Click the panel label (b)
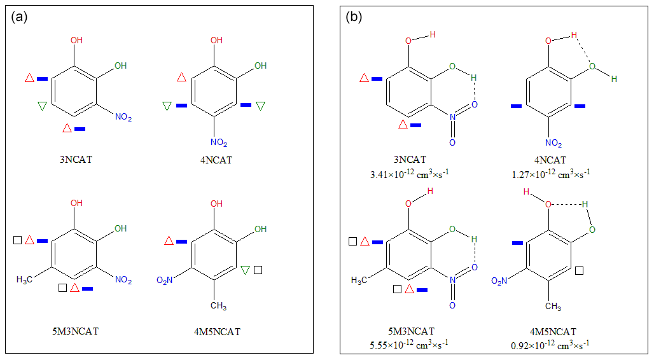point(354,17)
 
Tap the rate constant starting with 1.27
point(550,172)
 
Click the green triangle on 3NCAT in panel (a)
point(42,106)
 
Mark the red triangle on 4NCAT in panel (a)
point(181,78)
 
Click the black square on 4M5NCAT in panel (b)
point(580,271)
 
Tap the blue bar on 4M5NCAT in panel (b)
point(517,242)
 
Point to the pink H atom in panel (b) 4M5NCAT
point(526,191)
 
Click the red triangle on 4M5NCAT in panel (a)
point(169,241)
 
